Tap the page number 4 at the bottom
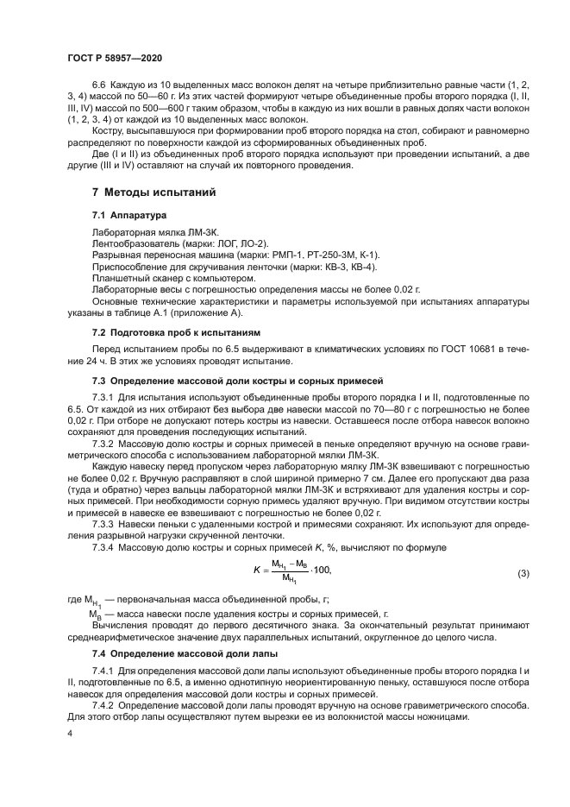tap(70, 733)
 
